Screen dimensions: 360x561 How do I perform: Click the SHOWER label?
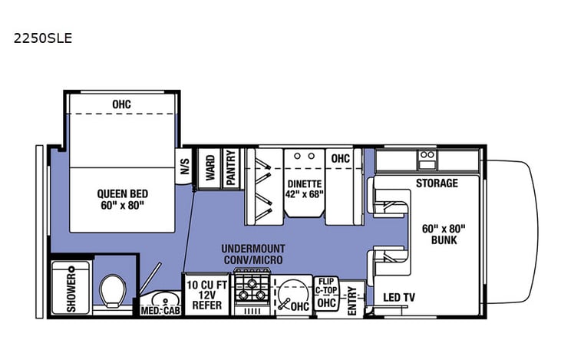point(71,291)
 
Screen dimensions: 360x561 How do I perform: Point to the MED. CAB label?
point(159,311)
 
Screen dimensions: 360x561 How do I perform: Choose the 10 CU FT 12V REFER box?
point(206,294)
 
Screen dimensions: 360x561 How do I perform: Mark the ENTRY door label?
point(352,299)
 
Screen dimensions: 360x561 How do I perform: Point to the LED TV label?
point(398,298)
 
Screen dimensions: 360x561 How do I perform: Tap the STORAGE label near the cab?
point(437,183)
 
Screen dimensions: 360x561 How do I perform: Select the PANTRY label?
point(230,167)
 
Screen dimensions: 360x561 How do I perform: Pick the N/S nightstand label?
point(184,167)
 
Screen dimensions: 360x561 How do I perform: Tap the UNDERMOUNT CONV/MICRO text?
point(253,255)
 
